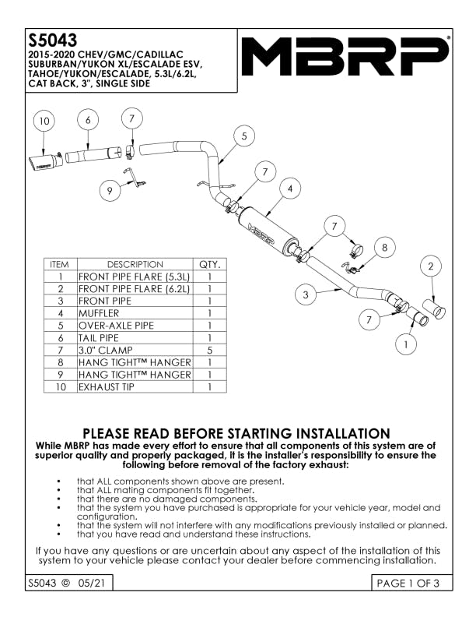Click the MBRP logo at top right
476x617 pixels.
345,56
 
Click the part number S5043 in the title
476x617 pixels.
52,39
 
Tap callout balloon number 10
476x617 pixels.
44,122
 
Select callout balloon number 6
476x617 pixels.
89,120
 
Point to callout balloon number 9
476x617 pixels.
110,189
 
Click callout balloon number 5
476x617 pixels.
243,136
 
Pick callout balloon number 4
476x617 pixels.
290,189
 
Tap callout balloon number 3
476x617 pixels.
306,294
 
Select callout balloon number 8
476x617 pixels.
383,248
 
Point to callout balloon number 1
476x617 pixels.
406,341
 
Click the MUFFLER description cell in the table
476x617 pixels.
134,313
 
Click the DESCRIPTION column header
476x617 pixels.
134,264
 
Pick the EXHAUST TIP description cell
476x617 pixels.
134,387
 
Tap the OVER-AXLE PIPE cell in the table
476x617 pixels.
134,326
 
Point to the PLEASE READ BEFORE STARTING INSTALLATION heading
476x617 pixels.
236,433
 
